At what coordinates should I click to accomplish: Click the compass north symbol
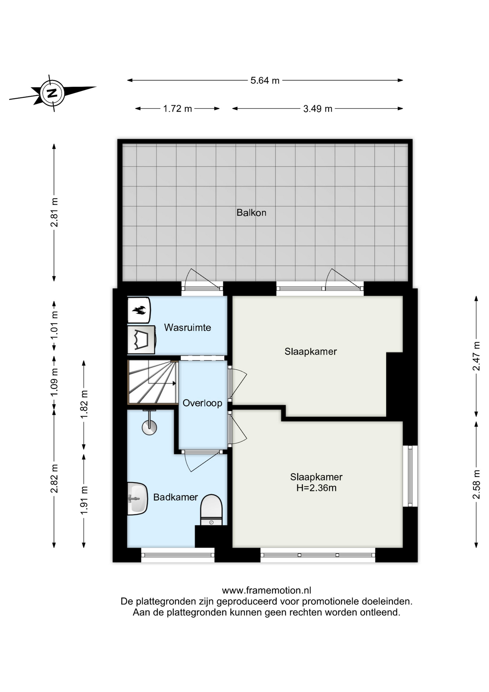click(x=53, y=93)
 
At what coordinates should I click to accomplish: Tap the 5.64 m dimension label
click(x=265, y=80)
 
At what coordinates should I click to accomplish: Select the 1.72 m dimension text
click(x=178, y=108)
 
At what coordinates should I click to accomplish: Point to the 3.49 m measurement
click(x=318, y=108)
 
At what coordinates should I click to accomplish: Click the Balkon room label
click(x=251, y=213)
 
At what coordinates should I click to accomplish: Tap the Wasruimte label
click(x=188, y=328)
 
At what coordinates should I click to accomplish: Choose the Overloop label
click(x=202, y=403)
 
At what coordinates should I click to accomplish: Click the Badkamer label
click(x=176, y=497)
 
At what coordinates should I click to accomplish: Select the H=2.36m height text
click(x=317, y=488)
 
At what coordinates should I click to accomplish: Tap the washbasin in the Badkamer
click(x=137, y=499)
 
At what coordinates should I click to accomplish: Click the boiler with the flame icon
click(x=139, y=310)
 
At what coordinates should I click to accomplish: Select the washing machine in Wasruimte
click(x=141, y=340)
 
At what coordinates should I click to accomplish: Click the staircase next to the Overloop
click(x=153, y=382)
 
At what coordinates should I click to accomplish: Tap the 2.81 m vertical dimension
click(x=54, y=212)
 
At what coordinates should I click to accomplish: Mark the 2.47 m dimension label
click(x=476, y=356)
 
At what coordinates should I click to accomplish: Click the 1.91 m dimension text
click(x=84, y=501)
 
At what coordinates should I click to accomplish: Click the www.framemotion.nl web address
click(x=266, y=590)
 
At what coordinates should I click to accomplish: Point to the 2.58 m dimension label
click(x=476, y=485)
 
